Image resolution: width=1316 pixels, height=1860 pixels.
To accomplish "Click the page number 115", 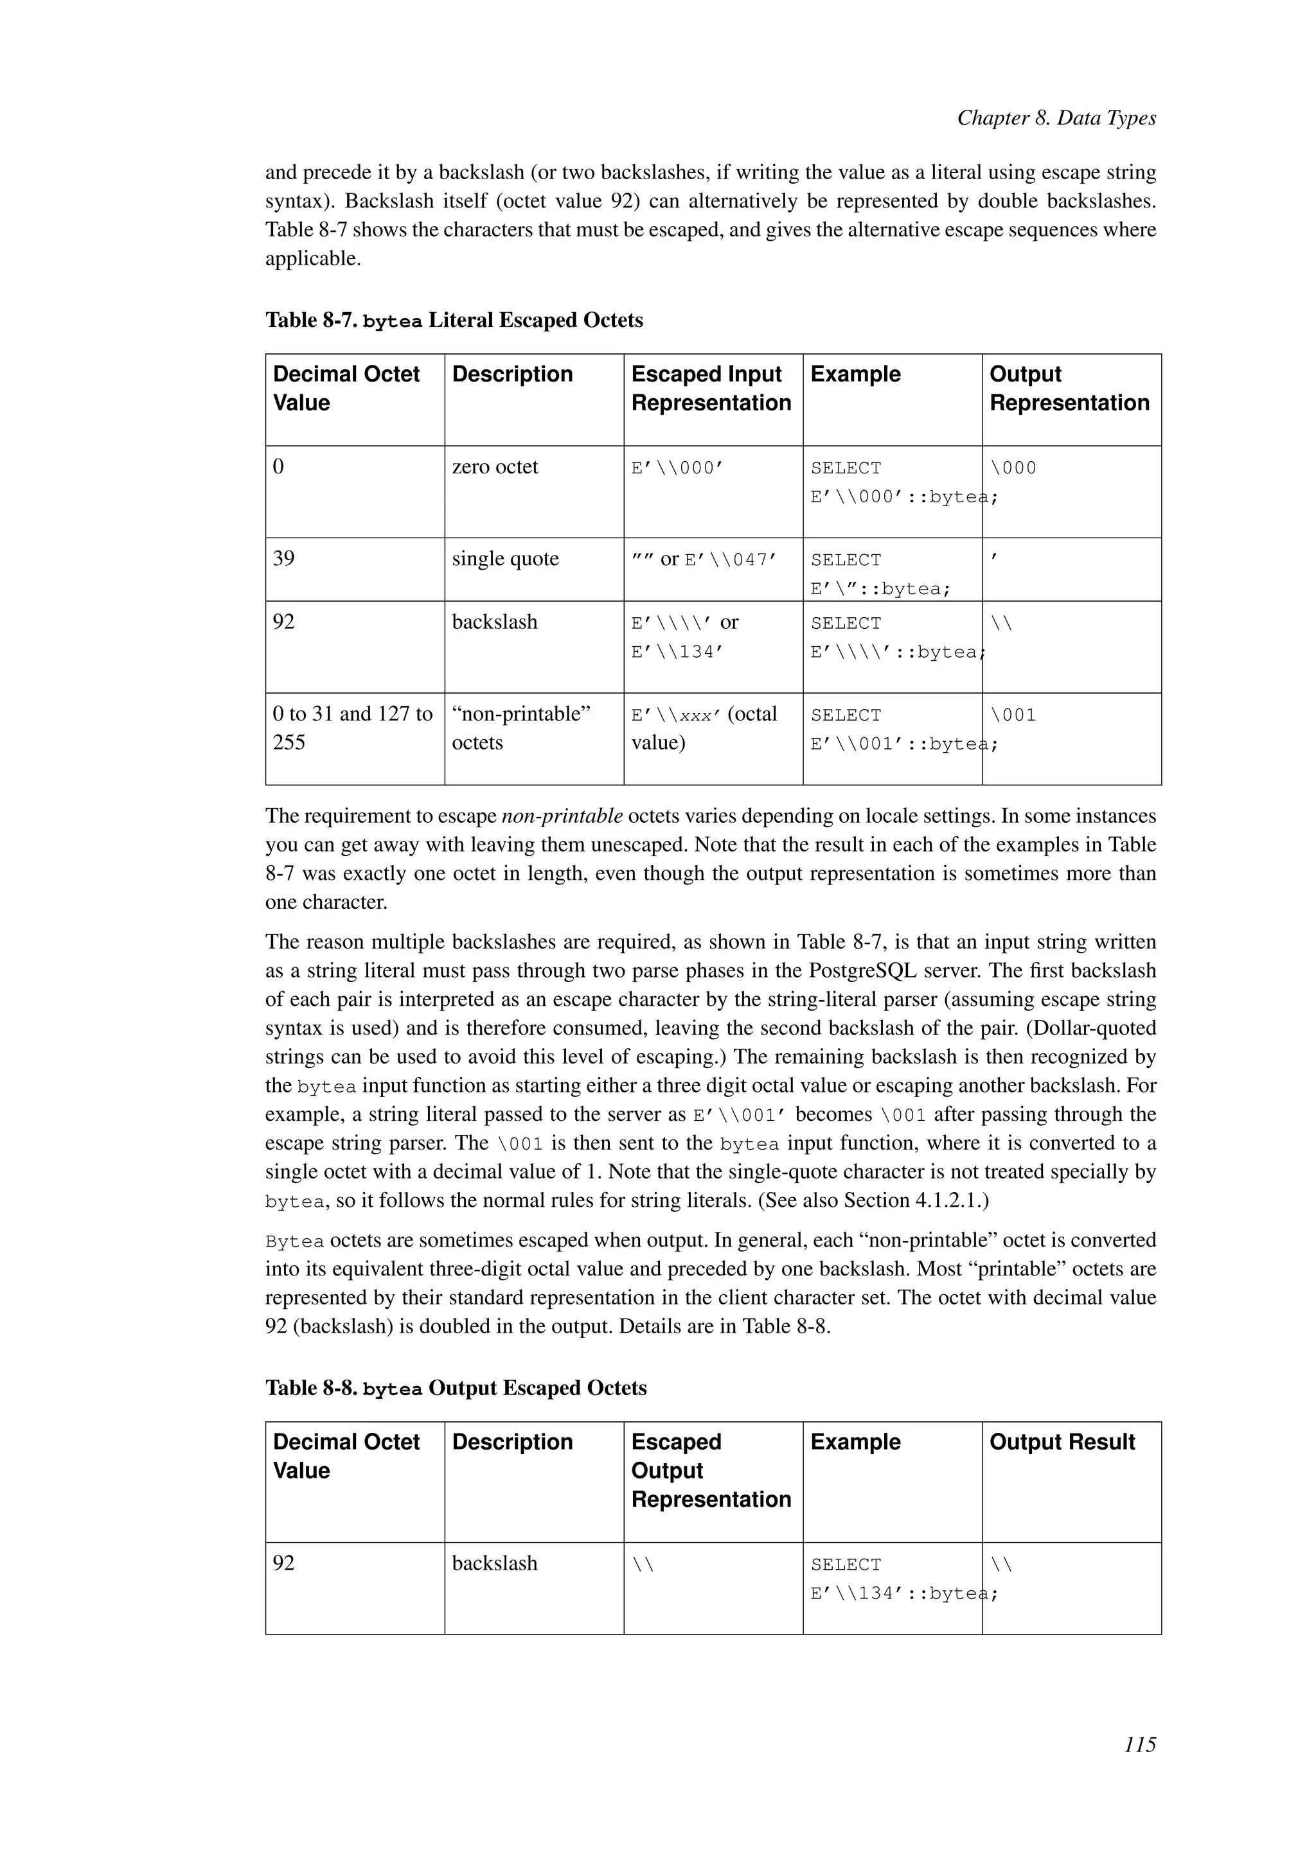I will (1139, 1744).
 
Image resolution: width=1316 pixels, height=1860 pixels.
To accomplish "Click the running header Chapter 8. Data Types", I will (1056, 118).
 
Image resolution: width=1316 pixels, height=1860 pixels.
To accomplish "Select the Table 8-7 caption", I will (454, 320).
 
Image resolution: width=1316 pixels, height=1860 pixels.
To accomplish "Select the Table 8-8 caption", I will (456, 1388).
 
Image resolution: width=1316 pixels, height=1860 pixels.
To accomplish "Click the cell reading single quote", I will (505, 559).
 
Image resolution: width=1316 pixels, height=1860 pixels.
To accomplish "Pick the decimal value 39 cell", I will (283, 559).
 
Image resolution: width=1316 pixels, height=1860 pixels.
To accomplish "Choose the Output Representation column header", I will (1068, 389).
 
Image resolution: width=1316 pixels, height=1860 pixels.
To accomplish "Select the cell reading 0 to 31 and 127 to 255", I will (353, 728).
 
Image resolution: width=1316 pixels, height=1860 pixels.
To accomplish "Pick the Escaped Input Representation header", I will (711, 389).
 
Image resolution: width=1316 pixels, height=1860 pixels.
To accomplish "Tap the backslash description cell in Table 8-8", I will (494, 1563).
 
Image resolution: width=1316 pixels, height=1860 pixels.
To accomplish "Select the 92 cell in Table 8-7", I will (283, 622).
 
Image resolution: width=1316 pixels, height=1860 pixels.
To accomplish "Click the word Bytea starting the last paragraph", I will (294, 1241).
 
